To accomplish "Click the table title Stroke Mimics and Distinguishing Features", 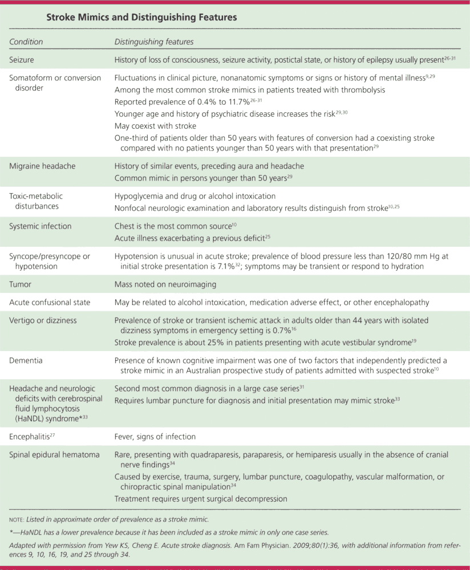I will coord(141,18).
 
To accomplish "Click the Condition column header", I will coord(26,42).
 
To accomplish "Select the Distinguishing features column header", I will coord(153,42).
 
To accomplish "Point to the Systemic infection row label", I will coord(40,226).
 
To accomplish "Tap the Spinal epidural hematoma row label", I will coord(54,454).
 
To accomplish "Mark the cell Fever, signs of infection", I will coord(155,437).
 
